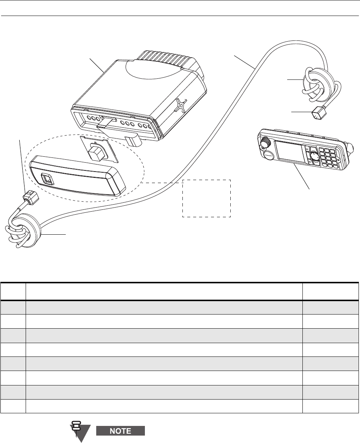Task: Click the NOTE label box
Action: (120, 431)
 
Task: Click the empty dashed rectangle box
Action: (206, 198)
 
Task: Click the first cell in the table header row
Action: (13, 291)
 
